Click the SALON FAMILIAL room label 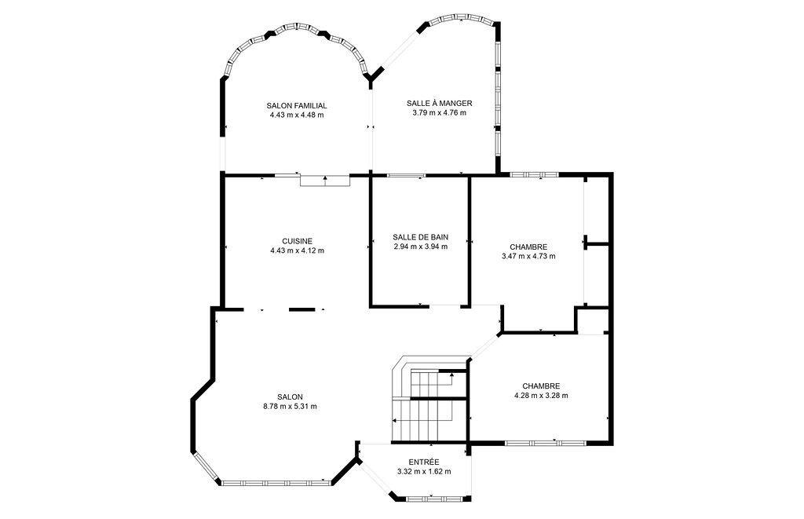297,105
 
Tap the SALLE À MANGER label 439,103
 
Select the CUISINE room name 297,241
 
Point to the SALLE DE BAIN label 420,236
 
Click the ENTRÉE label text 424,462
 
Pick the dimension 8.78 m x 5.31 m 290,406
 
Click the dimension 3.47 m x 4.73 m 528,256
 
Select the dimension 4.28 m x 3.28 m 540,396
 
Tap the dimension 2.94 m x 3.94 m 420,247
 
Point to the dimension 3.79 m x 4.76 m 439,113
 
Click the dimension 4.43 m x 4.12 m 297,251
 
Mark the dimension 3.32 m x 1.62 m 424,472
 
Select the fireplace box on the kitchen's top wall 324,181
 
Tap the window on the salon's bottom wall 274,481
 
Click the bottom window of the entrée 435,496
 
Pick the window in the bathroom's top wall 407,175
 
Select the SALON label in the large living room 290,397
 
